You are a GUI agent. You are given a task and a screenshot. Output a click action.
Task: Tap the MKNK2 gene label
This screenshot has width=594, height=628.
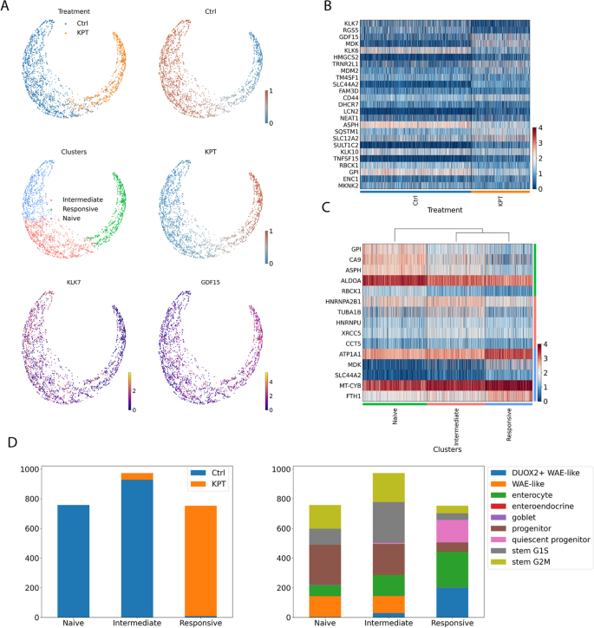click(x=343, y=185)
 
